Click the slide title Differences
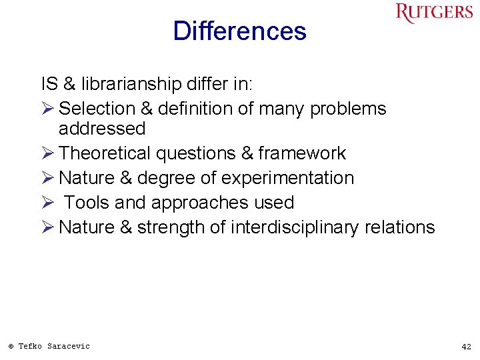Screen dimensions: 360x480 pos(239,31)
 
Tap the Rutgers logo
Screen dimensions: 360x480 pos(433,13)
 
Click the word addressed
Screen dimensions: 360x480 pos(101,128)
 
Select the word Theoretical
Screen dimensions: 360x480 pos(105,153)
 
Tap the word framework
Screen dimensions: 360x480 pos(302,153)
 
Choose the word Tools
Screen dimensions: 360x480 pos(87,203)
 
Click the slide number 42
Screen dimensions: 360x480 pos(466,347)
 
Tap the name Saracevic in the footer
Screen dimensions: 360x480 pos(68,346)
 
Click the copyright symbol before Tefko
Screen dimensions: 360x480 pos(11,346)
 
